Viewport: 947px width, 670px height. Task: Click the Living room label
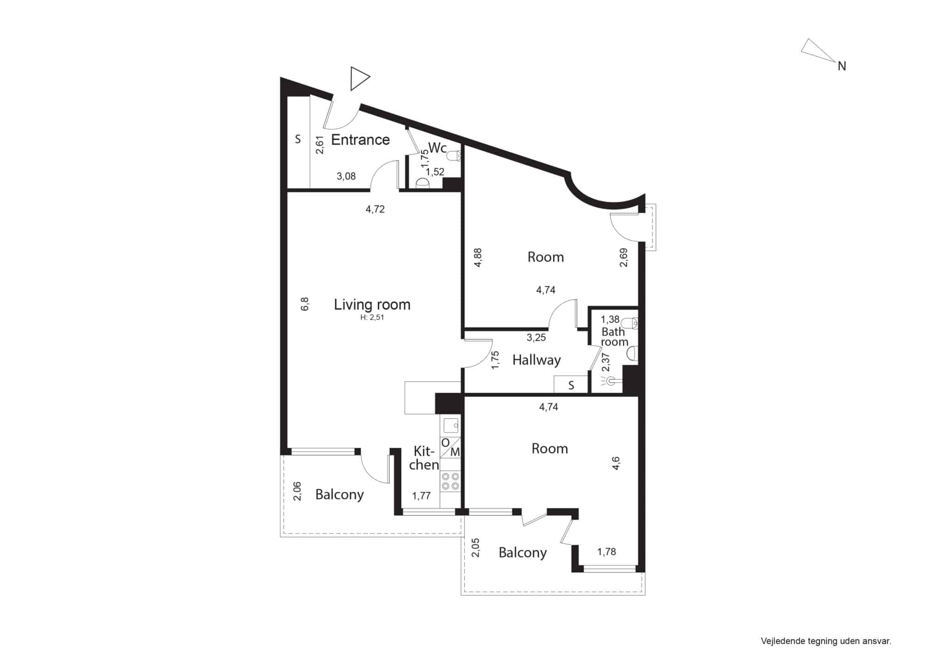point(372,304)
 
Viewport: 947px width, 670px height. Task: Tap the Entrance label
point(361,140)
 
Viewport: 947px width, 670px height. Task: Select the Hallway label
point(536,360)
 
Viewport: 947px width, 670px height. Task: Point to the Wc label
point(437,148)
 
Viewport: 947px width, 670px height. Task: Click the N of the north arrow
point(842,67)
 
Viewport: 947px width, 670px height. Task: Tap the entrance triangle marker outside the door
point(360,79)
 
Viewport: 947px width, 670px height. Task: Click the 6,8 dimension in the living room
point(305,304)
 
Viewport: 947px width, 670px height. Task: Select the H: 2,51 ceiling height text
point(372,317)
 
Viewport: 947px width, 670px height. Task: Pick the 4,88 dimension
point(478,257)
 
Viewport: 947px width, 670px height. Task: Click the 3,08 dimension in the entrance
point(346,176)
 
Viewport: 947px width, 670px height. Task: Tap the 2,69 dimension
point(624,258)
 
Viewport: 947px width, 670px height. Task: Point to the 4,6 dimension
point(616,463)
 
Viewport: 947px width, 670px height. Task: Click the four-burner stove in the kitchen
point(450,481)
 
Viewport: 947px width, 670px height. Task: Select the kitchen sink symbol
point(451,425)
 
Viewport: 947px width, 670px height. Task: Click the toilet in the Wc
point(458,155)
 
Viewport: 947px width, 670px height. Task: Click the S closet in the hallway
point(571,385)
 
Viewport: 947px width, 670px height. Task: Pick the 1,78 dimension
point(606,552)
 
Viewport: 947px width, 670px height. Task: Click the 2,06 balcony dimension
point(297,491)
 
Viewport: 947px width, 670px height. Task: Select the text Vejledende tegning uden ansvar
point(826,641)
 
